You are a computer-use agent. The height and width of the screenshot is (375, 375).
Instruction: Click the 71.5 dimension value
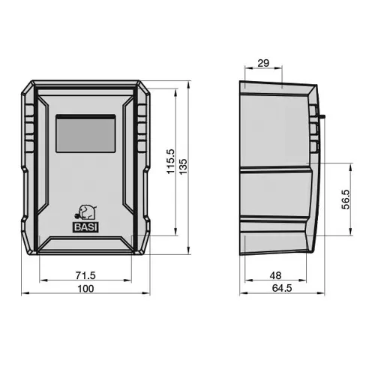pos(85,275)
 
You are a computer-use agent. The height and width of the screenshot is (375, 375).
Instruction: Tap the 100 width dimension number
pos(85,289)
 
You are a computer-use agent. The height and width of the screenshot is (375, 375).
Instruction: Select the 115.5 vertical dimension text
pos(171,161)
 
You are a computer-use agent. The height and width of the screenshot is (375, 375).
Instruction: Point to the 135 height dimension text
pos(183,166)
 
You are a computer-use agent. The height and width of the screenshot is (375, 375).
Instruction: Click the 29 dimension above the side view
pos(263,63)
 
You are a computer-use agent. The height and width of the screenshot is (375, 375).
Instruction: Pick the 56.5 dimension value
pos(346,199)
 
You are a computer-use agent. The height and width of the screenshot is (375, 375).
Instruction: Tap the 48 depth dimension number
pos(275,275)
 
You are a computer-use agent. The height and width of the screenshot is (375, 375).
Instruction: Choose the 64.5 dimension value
pos(282,288)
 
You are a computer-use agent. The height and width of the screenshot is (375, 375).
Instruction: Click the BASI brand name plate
pos(85,227)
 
